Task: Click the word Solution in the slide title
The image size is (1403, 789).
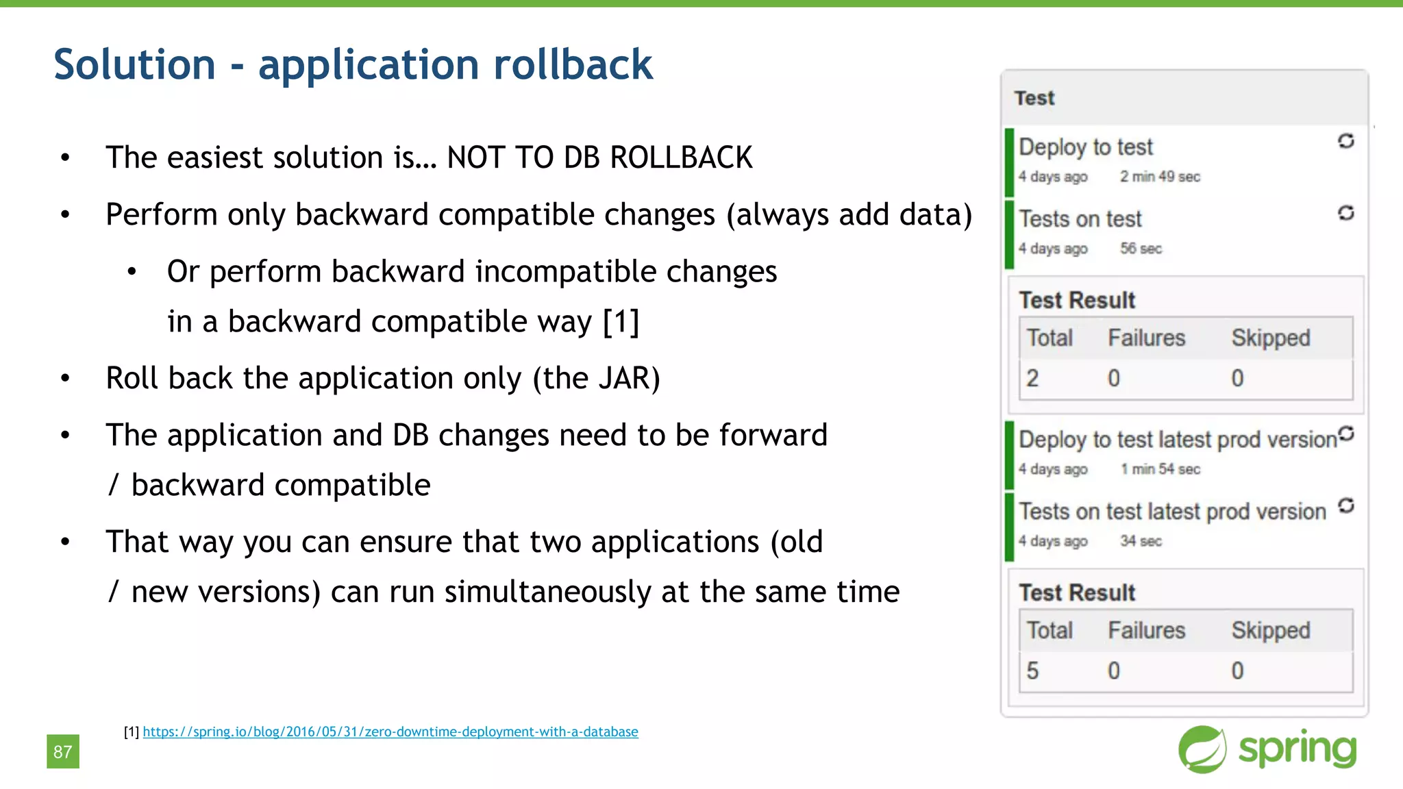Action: (x=134, y=65)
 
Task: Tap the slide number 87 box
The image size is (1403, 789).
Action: (x=63, y=751)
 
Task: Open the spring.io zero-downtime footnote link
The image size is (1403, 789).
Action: (x=390, y=731)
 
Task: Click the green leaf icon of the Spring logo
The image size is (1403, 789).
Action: (x=1202, y=749)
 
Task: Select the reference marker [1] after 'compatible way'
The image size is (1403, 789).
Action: (x=621, y=322)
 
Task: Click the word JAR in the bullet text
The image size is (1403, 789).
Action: (x=623, y=378)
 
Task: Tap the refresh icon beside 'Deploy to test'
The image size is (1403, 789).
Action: (x=1345, y=141)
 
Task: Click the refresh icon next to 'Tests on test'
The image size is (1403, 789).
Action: (x=1345, y=213)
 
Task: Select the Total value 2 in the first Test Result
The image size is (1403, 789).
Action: (x=1032, y=378)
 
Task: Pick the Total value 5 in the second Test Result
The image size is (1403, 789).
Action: (x=1032, y=671)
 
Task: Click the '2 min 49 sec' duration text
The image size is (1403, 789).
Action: (x=1160, y=177)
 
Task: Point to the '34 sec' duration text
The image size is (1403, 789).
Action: (x=1141, y=541)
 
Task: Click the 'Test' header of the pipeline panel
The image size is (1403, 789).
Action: (x=1034, y=98)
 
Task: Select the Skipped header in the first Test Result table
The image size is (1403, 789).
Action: (x=1270, y=338)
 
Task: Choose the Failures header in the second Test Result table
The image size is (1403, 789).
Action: (x=1146, y=631)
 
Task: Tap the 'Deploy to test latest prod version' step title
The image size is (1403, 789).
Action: (x=1177, y=440)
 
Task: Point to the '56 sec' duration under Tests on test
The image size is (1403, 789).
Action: (x=1141, y=249)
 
